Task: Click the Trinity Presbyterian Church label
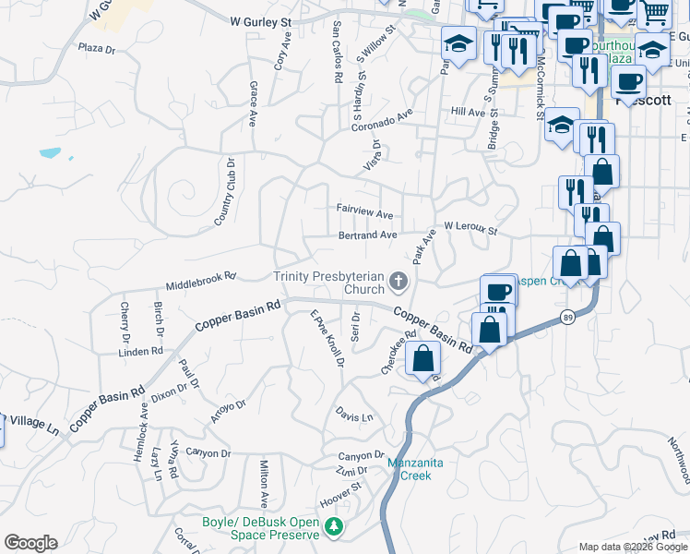(327, 283)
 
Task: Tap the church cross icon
(399, 279)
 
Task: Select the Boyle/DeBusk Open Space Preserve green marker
(336, 527)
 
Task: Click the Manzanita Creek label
(410, 469)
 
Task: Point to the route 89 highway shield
(565, 318)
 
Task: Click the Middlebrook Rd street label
(201, 281)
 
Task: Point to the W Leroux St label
(470, 226)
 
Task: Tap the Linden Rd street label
(142, 352)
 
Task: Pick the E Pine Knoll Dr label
(327, 338)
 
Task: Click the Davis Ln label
(354, 416)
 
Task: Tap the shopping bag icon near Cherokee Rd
(423, 359)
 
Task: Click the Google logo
(30, 543)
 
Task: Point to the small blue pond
(50, 152)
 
